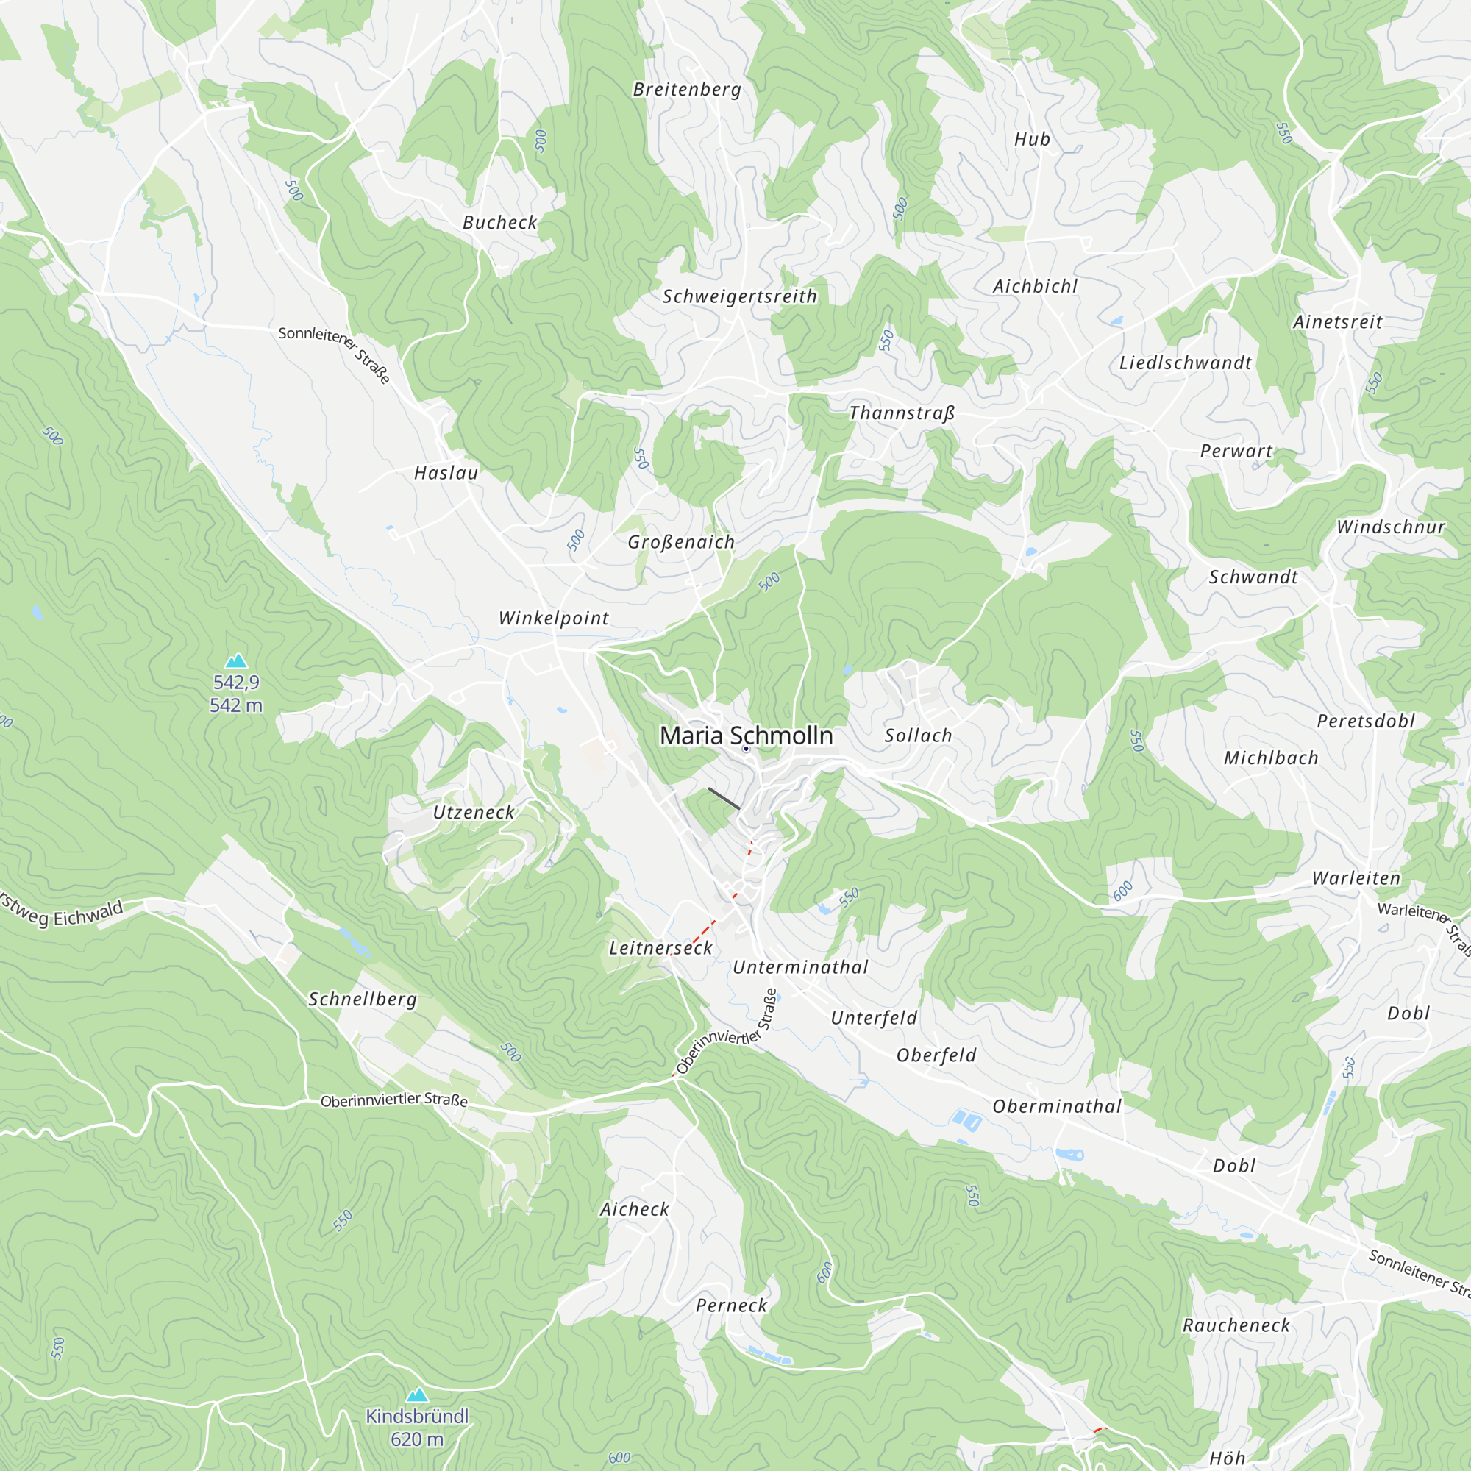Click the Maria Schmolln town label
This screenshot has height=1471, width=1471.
(745, 735)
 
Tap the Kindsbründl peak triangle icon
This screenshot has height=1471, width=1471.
(416, 1395)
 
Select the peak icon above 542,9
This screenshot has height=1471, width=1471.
(236, 660)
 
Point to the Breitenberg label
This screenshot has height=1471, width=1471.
(687, 90)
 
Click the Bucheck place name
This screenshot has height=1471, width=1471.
(499, 222)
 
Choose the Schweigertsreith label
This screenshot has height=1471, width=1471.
(739, 296)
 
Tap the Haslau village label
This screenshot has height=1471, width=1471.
(446, 473)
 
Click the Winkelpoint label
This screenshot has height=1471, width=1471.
(554, 619)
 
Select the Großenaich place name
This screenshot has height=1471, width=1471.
(680, 542)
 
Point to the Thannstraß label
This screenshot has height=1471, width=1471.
(902, 413)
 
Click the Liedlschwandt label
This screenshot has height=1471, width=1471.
(1185, 363)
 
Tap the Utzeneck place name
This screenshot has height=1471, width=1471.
(474, 813)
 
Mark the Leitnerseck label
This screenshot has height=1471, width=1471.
(660, 948)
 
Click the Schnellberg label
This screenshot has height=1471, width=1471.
(363, 999)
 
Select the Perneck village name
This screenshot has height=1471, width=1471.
(731, 1306)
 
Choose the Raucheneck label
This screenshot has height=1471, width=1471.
(1236, 1325)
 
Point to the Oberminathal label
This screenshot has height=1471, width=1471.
(1057, 1106)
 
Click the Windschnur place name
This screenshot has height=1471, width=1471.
(1390, 527)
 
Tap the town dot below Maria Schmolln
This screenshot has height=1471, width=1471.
(746, 749)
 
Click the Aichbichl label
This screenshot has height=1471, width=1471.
(1035, 286)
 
